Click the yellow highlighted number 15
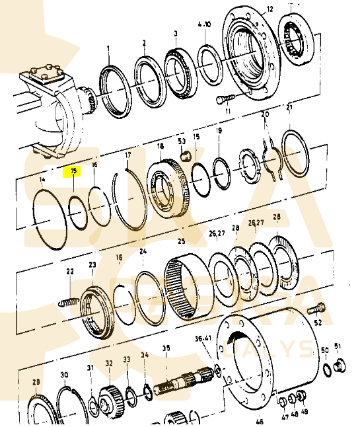coord(74,171)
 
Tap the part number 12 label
coord(269,9)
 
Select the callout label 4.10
coord(204,25)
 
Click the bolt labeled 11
coord(224,99)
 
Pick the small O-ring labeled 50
coord(326,369)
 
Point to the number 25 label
coord(181,241)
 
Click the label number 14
coord(42,180)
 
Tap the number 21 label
coord(289,107)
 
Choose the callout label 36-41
coord(203,338)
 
